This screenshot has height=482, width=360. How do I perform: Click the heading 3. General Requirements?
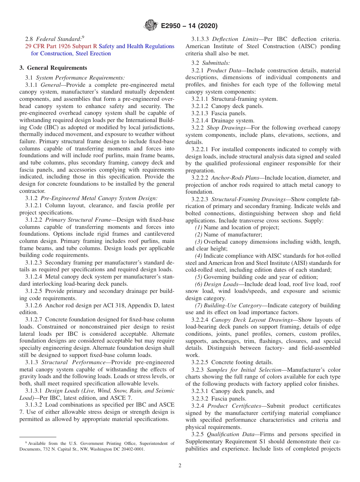53,68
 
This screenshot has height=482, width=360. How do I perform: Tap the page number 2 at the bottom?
180,466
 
